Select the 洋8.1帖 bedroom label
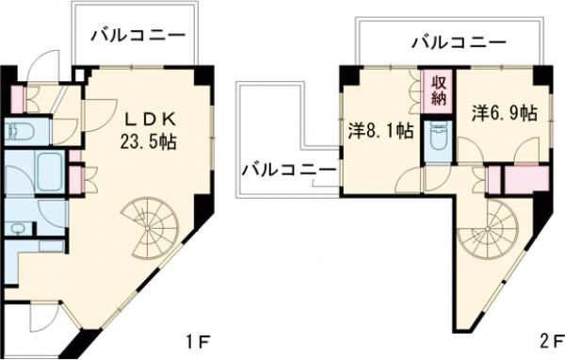[x=380, y=131]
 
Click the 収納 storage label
[x=440, y=92]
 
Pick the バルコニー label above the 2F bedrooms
[x=459, y=41]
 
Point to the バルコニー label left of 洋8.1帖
[x=286, y=170]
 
